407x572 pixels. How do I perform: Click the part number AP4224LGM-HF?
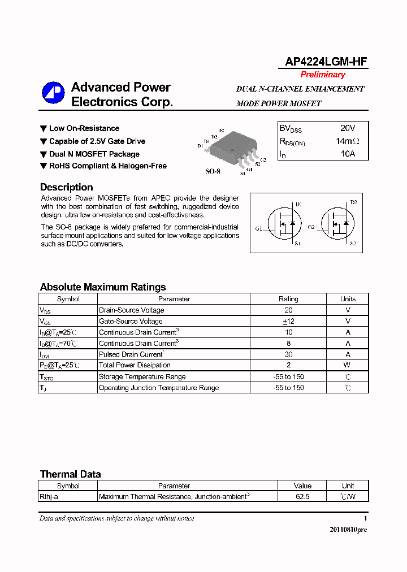point(323,62)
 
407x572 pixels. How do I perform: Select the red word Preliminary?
point(323,75)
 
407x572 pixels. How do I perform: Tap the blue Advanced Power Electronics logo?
point(53,94)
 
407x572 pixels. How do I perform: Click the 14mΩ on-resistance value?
point(347,141)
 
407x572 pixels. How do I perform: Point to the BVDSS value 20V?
point(348,129)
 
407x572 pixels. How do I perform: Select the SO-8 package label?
point(213,171)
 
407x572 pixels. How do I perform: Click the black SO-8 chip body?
point(232,145)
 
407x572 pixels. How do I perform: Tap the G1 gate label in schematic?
point(258,229)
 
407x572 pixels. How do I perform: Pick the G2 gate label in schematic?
point(311,227)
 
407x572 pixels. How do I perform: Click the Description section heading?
point(66,187)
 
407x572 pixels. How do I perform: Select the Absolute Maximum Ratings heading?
point(103,287)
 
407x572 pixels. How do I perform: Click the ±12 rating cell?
point(288,321)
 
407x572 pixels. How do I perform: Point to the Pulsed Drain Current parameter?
point(131,354)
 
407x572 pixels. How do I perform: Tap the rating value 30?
point(288,354)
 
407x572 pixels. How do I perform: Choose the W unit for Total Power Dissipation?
point(348,365)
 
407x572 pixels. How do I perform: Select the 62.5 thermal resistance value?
point(302,497)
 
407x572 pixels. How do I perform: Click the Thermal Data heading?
point(70,474)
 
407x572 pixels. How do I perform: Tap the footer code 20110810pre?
point(348,530)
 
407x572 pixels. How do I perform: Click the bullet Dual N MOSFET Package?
point(94,154)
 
